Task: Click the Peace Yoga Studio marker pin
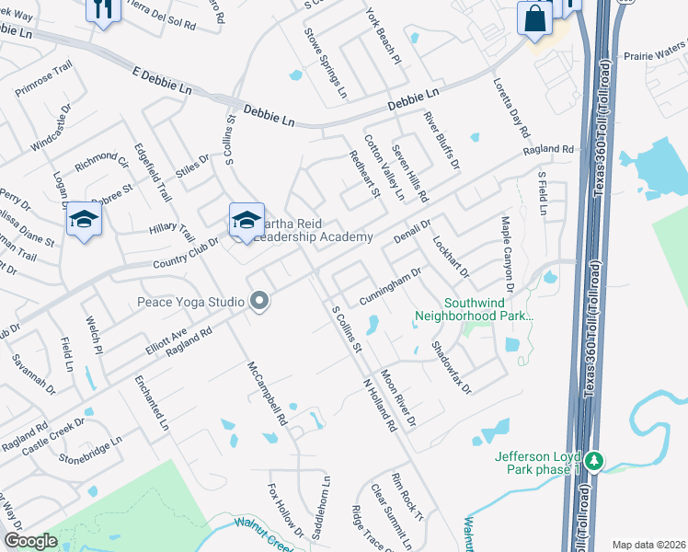pos(259,302)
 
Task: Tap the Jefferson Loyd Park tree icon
pos(595,459)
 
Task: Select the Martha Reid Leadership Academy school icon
pos(247,221)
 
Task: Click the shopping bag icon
pos(534,18)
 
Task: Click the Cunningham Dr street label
pos(390,284)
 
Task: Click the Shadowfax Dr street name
pos(451,368)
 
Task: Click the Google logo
pos(31,541)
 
